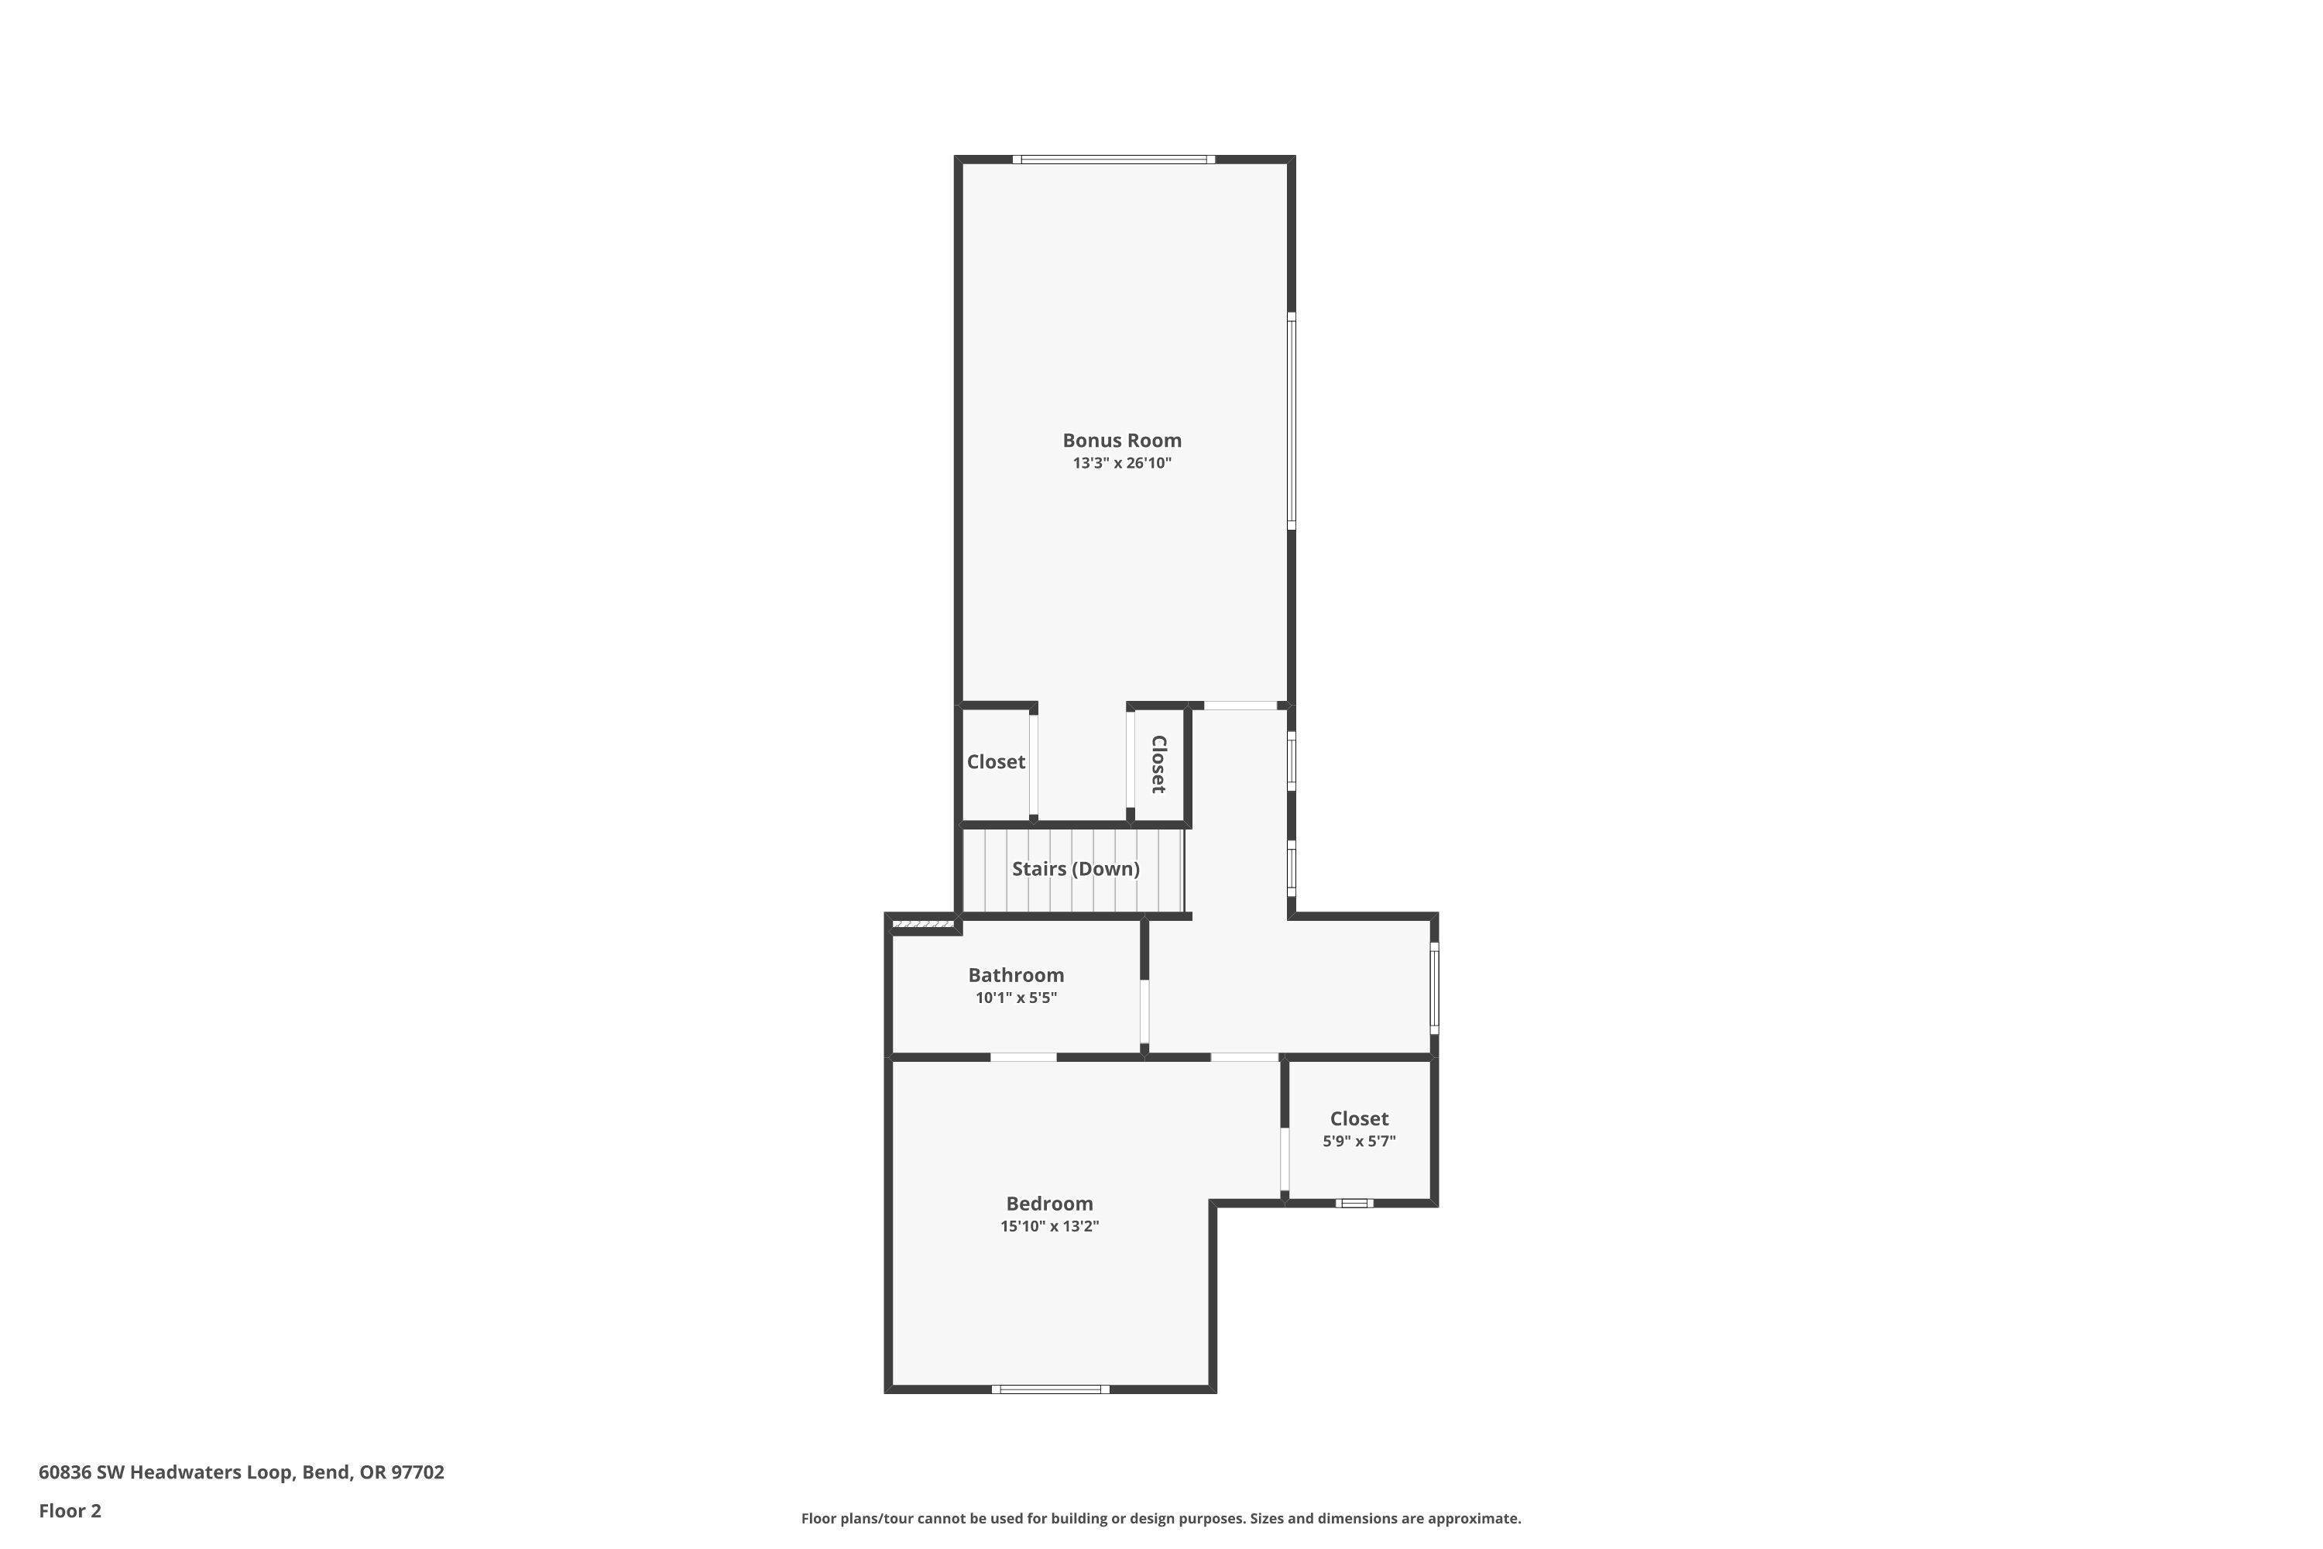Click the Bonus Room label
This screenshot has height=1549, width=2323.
pyautogui.click(x=1121, y=441)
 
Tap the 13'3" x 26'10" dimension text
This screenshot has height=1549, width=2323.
pyautogui.click(x=1122, y=463)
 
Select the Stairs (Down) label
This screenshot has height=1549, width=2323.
pyautogui.click(x=1076, y=868)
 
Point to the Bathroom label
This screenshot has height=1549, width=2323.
pyautogui.click(x=1015, y=975)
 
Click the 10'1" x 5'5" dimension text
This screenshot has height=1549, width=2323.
pyautogui.click(x=1016, y=998)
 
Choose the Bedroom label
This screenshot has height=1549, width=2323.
pyautogui.click(x=1049, y=1204)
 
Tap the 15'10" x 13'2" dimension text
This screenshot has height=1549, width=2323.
pyautogui.click(x=1049, y=1226)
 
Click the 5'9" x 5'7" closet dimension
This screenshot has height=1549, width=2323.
pyautogui.click(x=1359, y=1141)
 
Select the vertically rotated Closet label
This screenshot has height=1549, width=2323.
pyautogui.click(x=1159, y=764)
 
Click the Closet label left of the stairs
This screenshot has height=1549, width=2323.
pyautogui.click(x=996, y=761)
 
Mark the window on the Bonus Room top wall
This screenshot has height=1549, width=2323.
pyautogui.click(x=1113, y=159)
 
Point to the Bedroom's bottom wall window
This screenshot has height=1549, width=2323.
pyautogui.click(x=1050, y=1389)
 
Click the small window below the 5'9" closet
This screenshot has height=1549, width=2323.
pyautogui.click(x=1354, y=1204)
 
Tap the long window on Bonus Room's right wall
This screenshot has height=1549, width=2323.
pyautogui.click(x=1291, y=420)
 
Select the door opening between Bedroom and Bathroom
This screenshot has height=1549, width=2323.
pyautogui.click(x=1023, y=1057)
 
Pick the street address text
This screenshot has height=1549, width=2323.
pyautogui.click(x=241, y=1472)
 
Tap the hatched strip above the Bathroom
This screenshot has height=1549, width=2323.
pyautogui.click(x=922, y=924)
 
